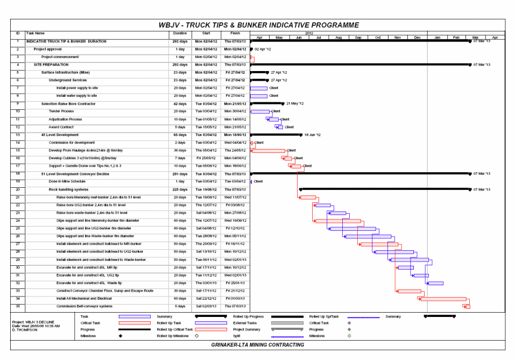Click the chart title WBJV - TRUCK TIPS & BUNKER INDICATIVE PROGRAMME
[x=258, y=25]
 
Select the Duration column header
[x=179, y=33]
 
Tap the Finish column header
[x=235, y=33]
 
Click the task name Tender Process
[x=61, y=111]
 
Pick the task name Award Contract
[x=60, y=127]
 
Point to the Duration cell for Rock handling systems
[x=179, y=189]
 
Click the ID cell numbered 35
[x=18, y=306]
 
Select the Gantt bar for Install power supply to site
[x=259, y=88]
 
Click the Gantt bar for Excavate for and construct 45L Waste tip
[x=435, y=283]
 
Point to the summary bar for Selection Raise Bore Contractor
[x=267, y=103]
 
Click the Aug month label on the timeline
[x=338, y=38]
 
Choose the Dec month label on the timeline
[x=417, y=38]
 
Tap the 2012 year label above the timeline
[x=309, y=33]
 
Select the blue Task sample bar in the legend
[x=135, y=316]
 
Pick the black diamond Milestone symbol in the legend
[x=120, y=336]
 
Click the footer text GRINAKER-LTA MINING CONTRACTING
[x=258, y=345]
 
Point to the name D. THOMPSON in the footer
[x=25, y=330]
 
